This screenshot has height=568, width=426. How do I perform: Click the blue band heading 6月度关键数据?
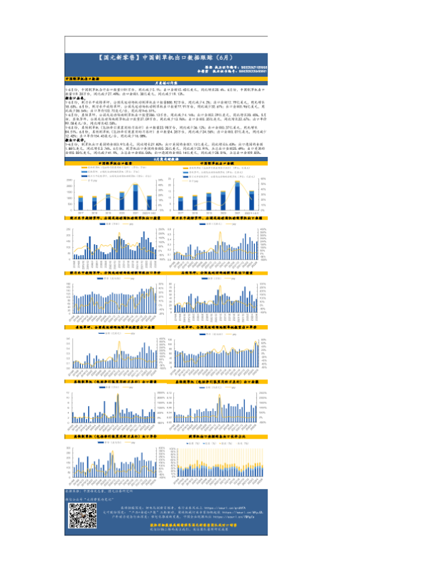(165, 179)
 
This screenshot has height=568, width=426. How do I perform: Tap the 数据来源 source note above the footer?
(96, 489)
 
